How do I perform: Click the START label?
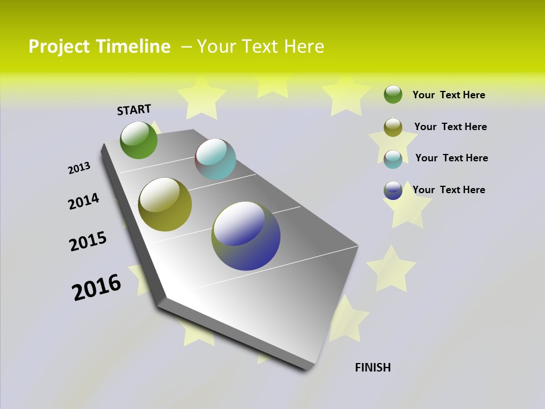tap(134, 110)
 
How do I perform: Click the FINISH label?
tap(372, 368)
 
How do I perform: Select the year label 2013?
tap(79, 168)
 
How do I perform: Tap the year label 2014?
tap(83, 201)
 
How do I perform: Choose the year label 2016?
tap(97, 287)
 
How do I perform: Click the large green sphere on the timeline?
tap(139, 140)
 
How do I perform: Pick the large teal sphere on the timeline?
tap(215, 159)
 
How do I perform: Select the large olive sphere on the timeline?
tap(165, 204)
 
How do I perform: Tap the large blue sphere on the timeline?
tap(246, 236)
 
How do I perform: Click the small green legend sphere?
tap(393, 94)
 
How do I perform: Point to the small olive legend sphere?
tap(393, 127)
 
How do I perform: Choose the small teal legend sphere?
tap(393, 159)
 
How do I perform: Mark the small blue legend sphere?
tap(393, 190)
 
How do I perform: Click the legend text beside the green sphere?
tap(448, 95)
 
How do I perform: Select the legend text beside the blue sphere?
tap(448, 190)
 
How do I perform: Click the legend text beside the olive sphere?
tap(450, 127)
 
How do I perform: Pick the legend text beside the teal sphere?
tap(451, 158)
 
